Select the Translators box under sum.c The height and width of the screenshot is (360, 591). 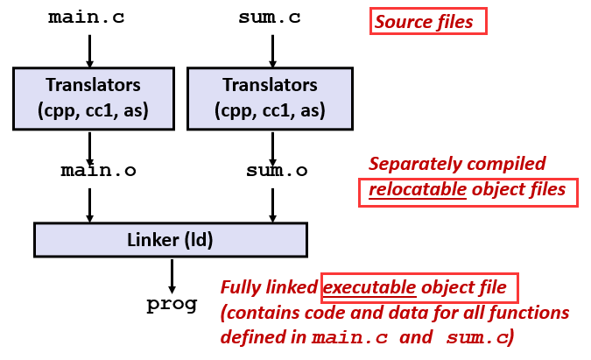tap(271, 98)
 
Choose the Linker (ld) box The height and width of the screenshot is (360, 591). tap(171, 239)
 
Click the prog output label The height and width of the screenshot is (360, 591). tap(172, 305)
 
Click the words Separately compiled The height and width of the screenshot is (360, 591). tap(457, 164)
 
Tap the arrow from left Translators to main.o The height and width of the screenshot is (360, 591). tap(89, 143)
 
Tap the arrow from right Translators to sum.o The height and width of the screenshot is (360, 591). tap(272, 143)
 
